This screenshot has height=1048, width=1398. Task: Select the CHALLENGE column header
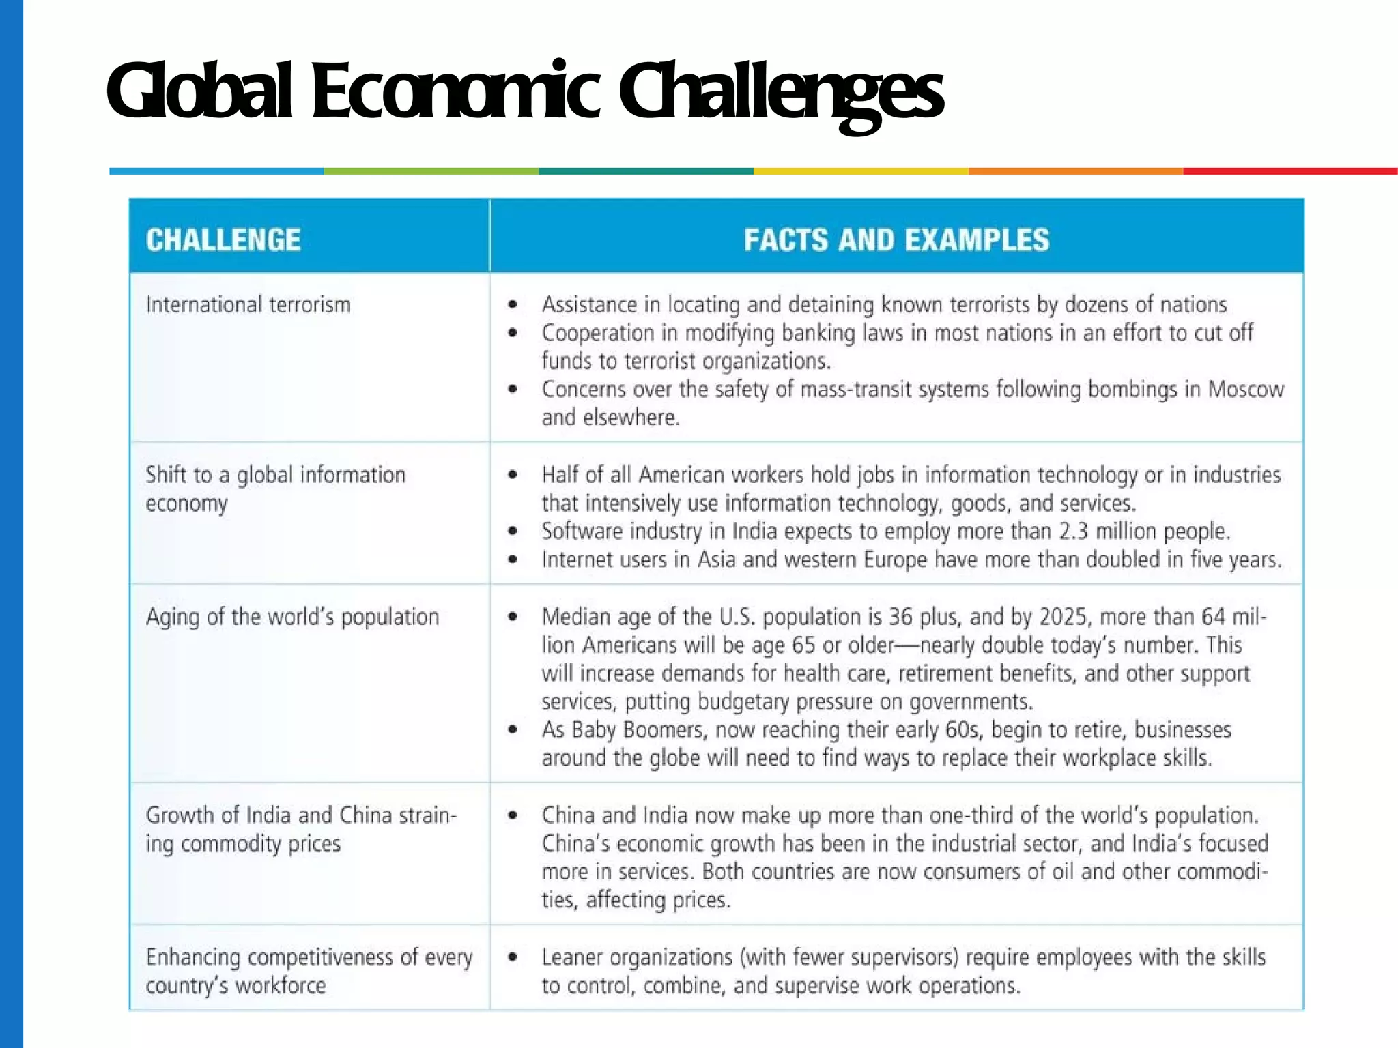click(x=223, y=240)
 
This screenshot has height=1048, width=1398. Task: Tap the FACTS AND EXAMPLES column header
click(x=896, y=240)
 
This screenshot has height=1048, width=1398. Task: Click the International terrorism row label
click(x=248, y=304)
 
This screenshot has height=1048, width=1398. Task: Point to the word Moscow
click(x=1246, y=390)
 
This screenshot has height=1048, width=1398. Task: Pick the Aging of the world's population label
click(x=292, y=617)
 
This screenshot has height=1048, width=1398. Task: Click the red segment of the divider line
click(x=1290, y=171)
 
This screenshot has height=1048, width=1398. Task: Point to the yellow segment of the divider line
click(x=861, y=171)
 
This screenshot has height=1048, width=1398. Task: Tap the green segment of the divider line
click(x=431, y=171)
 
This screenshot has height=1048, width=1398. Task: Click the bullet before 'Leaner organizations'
click(x=513, y=957)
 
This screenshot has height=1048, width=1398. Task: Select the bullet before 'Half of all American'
click(x=513, y=475)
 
